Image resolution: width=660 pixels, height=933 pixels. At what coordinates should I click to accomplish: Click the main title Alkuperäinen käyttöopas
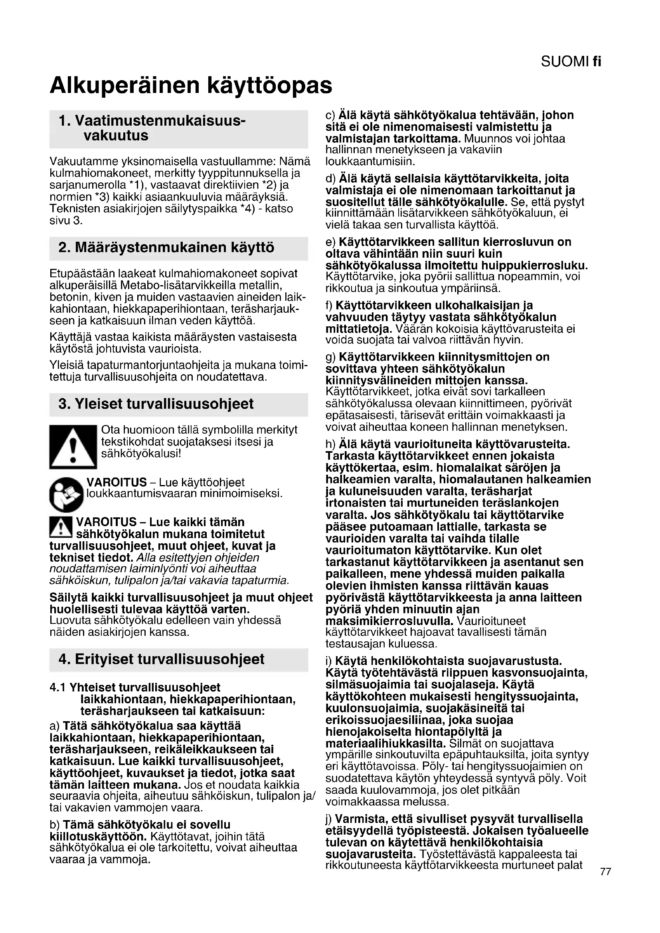[x=191, y=86]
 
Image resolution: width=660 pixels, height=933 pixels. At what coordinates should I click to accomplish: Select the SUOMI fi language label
[x=571, y=62]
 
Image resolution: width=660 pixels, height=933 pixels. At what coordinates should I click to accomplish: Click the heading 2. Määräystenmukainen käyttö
[x=166, y=247]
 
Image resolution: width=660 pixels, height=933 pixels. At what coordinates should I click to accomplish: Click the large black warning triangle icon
[x=73, y=447]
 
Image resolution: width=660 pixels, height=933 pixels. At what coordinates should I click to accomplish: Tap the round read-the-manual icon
[x=66, y=494]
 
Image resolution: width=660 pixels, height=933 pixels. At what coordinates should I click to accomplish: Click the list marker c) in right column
[x=330, y=115]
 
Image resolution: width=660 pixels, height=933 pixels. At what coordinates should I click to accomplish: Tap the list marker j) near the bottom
[x=329, y=819]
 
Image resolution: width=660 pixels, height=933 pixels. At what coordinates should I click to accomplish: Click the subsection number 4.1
[x=58, y=688]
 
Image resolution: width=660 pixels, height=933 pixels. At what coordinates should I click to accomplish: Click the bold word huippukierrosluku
[x=534, y=266]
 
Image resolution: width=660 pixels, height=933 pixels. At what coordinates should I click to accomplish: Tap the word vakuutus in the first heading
[x=116, y=135]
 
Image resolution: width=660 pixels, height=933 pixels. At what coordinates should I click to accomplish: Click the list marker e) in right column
[x=330, y=242]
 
